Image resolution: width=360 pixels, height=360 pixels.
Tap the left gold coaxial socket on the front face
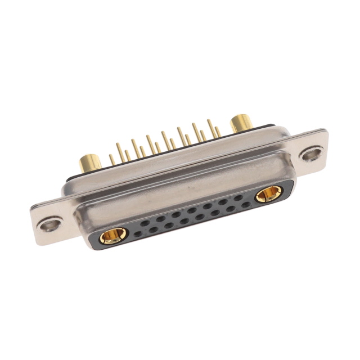point(114,236)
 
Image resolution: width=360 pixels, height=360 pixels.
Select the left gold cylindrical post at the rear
point(89,163)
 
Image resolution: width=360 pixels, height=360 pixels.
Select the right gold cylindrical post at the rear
point(241,123)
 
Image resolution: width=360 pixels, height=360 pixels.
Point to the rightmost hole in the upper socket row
point(238,198)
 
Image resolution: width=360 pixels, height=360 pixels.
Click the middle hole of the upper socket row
point(192,210)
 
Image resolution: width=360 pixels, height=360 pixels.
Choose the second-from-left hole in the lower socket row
point(154,229)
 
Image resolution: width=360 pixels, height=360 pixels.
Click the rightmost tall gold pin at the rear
point(209,128)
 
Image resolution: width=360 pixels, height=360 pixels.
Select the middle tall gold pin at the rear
point(164,140)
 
